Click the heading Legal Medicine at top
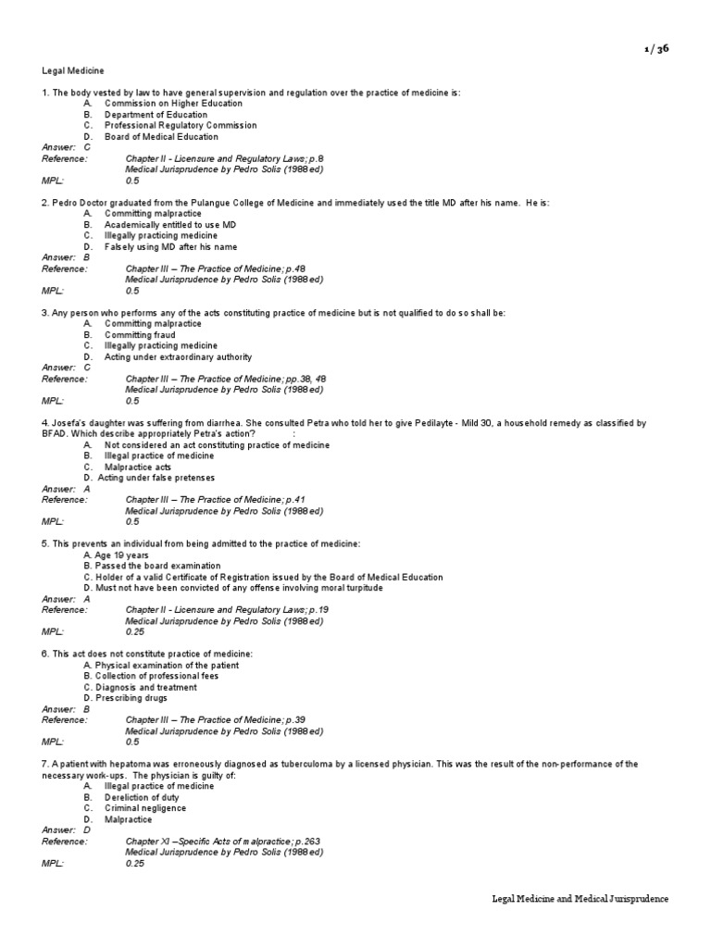[73, 70]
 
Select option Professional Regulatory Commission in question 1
[181, 125]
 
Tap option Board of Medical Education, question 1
[161, 136]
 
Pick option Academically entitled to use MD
[169, 224]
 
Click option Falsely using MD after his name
[170, 246]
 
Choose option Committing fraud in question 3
[140, 334]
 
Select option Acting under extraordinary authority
[178, 356]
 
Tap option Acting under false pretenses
[156, 478]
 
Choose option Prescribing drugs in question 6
[131, 698]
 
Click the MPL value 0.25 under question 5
[138, 631]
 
